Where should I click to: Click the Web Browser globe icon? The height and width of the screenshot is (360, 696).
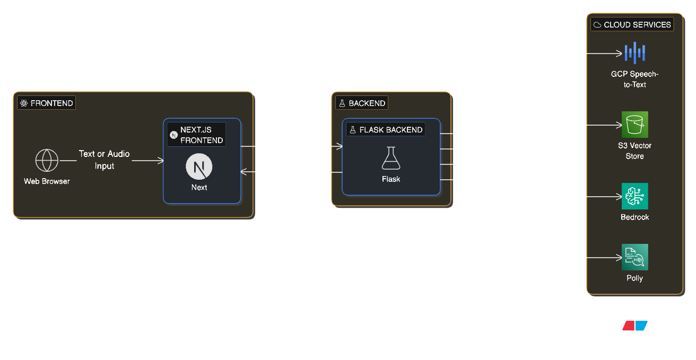click(47, 160)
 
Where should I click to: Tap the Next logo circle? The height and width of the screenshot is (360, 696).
click(199, 168)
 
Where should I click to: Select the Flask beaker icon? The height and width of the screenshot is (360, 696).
click(391, 159)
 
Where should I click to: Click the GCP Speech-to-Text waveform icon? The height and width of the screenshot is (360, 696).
click(635, 53)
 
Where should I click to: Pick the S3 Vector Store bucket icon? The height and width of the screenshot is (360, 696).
click(635, 125)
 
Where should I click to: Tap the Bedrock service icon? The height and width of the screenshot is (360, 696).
click(635, 196)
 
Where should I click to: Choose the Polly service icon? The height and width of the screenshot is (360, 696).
click(635, 257)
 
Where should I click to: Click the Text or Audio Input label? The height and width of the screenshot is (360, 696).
click(104, 160)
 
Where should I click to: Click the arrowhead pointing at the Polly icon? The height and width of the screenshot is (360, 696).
click(618, 258)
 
